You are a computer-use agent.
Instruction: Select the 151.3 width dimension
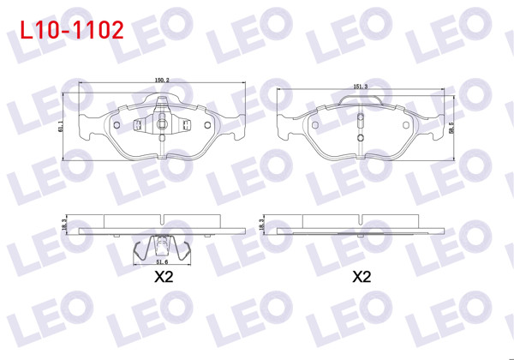361,86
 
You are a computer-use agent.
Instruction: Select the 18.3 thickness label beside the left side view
63,224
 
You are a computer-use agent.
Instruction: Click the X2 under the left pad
163,277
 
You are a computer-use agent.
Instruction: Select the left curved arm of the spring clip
140,251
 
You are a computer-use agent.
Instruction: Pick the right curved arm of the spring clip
182,251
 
